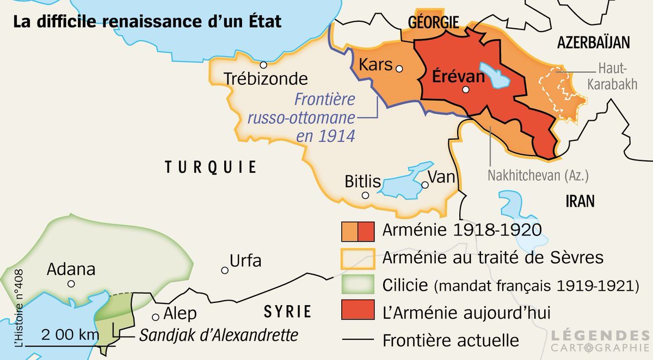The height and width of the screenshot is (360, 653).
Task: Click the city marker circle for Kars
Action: (x=399, y=69)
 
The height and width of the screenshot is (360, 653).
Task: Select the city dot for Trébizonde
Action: (x=263, y=64)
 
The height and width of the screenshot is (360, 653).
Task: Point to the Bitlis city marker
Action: (x=365, y=195)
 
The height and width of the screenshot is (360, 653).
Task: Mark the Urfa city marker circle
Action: (x=224, y=270)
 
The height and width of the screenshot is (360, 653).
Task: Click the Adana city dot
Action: (x=71, y=284)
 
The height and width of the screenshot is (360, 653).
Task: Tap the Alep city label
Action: (x=180, y=314)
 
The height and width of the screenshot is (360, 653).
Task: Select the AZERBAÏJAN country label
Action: (x=593, y=43)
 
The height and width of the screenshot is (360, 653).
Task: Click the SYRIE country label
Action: (x=287, y=312)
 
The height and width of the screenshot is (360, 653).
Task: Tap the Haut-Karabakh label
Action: (x=612, y=76)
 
